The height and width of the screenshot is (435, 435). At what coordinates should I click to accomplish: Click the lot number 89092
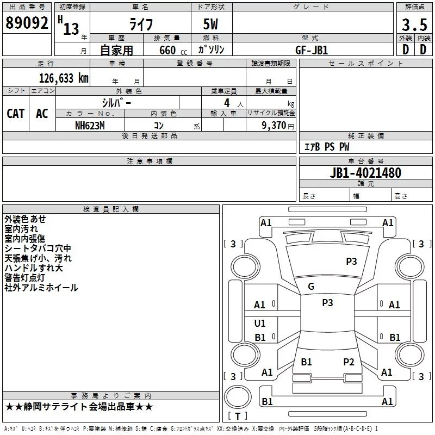(x=27, y=23)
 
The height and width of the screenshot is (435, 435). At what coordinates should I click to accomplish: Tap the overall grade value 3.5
(x=414, y=24)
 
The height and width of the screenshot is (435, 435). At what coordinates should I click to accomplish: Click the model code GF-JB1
(x=312, y=49)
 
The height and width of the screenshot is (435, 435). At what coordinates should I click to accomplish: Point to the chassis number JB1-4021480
(x=365, y=173)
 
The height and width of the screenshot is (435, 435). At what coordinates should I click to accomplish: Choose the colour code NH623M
(x=90, y=125)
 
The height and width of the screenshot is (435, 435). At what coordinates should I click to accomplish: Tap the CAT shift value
(x=15, y=113)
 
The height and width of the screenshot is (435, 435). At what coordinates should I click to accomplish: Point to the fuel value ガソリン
(x=211, y=49)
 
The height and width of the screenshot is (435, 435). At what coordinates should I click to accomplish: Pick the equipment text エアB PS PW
(x=326, y=147)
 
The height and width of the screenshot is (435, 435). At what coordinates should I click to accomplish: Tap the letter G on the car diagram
(x=311, y=287)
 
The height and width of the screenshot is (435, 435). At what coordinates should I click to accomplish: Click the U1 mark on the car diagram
(x=260, y=324)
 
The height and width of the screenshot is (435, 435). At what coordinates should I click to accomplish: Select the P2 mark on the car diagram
(x=349, y=362)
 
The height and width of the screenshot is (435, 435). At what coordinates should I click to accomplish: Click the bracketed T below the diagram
(x=237, y=416)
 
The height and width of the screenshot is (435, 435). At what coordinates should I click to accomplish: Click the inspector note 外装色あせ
(x=26, y=219)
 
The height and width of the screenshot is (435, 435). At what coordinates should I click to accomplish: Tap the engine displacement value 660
(x=168, y=50)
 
